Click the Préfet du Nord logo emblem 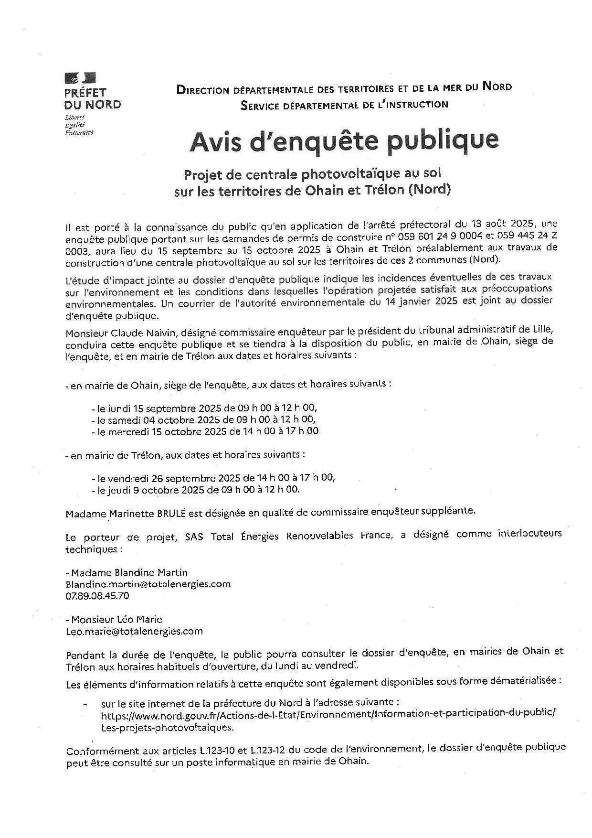coord(80,77)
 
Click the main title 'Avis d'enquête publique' coord(344,141)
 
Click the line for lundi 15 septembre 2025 coord(204,408)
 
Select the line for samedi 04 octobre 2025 coord(203,419)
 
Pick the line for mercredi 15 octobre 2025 coord(205,431)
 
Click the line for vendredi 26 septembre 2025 coord(213,478)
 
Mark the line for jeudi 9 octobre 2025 coord(195,489)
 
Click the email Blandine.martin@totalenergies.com coord(148,584)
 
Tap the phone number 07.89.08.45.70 coord(97,596)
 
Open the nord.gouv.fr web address coord(328,716)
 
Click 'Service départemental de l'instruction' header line coord(344,105)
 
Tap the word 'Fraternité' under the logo coord(79,132)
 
